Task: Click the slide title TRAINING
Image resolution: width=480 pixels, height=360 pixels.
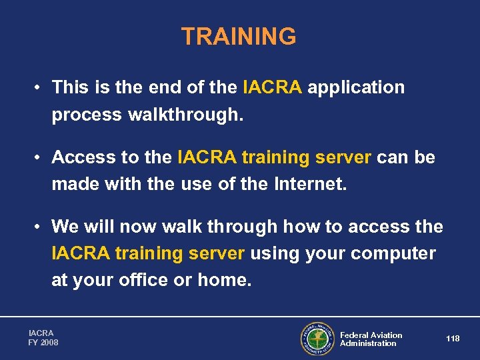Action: click(239, 37)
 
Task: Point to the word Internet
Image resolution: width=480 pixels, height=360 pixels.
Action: click(312, 184)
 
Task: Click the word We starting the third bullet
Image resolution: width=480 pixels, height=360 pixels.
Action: click(64, 227)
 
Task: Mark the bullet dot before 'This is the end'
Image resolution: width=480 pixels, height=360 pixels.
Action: click(40, 88)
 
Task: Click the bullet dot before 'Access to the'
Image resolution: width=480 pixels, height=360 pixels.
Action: click(40, 158)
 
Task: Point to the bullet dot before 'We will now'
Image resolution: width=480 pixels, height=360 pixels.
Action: click(40, 227)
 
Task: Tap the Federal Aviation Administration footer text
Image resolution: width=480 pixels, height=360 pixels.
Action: click(371, 339)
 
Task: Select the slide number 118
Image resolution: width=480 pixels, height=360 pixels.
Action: click(453, 339)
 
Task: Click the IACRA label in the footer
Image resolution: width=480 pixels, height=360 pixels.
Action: click(41, 333)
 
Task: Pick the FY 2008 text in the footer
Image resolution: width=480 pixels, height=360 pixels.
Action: click(43, 343)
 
